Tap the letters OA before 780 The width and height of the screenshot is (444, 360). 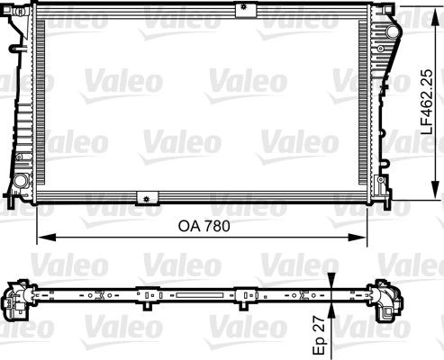click(186, 227)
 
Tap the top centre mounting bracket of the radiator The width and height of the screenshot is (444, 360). click(241, 10)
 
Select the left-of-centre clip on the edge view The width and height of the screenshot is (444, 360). click(144, 293)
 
